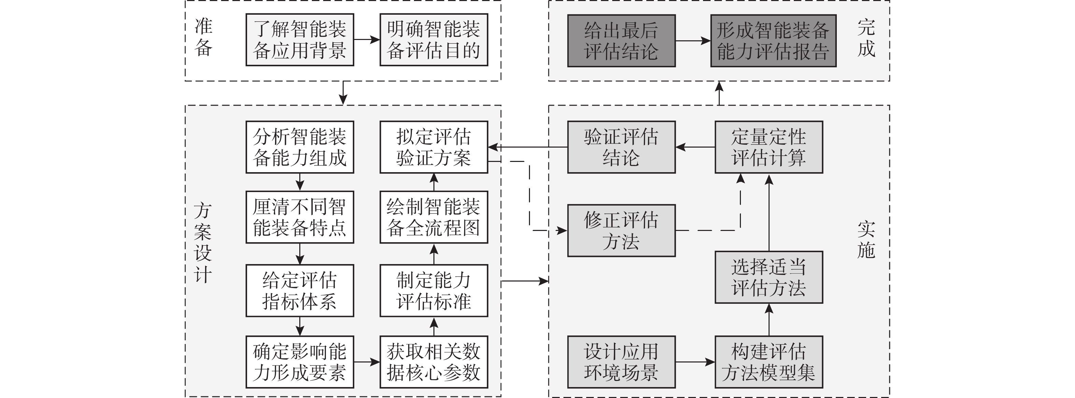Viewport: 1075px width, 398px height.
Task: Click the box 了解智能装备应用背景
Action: tap(300, 40)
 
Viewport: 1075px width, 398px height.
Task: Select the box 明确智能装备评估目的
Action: tap(434, 40)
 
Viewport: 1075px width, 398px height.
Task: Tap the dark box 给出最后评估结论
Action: tap(621, 41)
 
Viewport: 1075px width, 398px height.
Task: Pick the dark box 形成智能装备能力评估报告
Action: tap(773, 41)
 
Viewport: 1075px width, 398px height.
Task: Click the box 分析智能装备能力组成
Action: tap(300, 147)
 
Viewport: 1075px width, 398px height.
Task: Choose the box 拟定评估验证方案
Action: tap(434, 147)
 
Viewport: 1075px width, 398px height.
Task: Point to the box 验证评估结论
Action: tap(621, 147)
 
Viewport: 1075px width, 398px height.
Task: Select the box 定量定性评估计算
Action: tap(769, 147)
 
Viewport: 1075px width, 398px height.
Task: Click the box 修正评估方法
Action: tap(621, 231)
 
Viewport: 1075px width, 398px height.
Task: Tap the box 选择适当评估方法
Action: tap(769, 277)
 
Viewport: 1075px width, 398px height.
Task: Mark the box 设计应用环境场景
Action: tap(621, 362)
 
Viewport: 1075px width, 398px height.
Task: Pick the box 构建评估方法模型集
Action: tap(769, 362)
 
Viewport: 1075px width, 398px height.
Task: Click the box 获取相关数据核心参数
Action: tap(434, 362)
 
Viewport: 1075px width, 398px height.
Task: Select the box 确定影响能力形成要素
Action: tap(300, 362)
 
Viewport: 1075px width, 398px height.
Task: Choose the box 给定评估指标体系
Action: tap(300, 291)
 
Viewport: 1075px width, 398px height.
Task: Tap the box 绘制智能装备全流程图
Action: tap(434, 217)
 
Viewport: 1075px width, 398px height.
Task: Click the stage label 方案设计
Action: tap(203, 242)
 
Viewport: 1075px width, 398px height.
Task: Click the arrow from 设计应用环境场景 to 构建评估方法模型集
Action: tap(695, 362)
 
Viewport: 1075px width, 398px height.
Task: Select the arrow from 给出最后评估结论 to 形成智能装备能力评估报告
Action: tap(693, 41)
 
